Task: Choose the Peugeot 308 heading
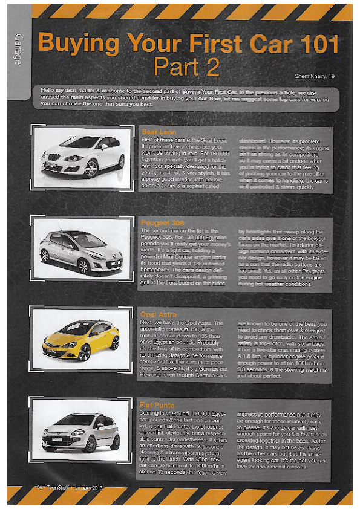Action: click(161, 223)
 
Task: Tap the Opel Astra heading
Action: click(157, 315)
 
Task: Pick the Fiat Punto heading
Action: click(157, 404)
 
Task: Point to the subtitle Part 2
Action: click(184, 66)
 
